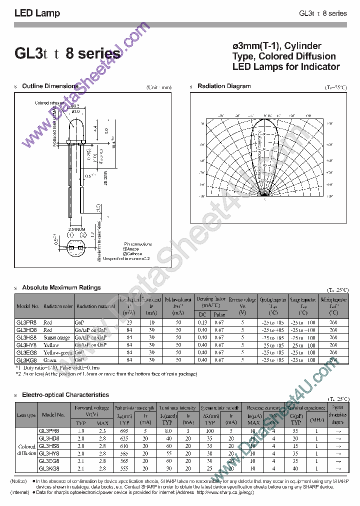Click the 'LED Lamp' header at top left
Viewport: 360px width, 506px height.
(x=37, y=13)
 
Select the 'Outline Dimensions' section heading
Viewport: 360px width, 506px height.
(x=50, y=86)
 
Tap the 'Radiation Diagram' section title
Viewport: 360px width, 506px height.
(x=224, y=86)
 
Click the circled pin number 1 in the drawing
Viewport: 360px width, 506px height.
(x=71, y=235)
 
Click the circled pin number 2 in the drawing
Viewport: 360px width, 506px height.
(x=83, y=235)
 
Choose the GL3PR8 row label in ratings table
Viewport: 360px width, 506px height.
(x=27, y=322)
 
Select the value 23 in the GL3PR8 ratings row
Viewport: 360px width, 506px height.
(x=129, y=322)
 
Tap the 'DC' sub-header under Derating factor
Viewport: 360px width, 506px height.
(x=202, y=314)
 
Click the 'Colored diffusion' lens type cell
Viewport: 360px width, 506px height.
(x=26, y=450)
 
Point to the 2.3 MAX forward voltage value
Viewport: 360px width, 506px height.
(x=102, y=430)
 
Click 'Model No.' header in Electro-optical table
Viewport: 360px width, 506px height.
(x=54, y=414)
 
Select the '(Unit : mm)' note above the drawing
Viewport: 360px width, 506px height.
(x=159, y=87)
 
